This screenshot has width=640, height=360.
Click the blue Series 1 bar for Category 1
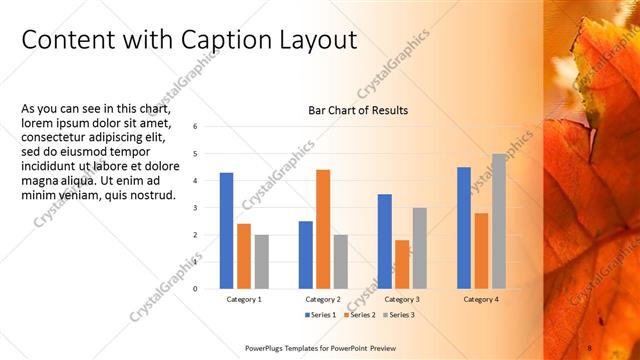(x=226, y=231)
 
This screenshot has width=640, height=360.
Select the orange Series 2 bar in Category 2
(x=323, y=229)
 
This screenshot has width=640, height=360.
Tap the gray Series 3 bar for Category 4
(x=498, y=221)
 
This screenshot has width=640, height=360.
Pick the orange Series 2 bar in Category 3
(x=402, y=264)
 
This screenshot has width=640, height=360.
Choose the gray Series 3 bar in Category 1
(x=262, y=262)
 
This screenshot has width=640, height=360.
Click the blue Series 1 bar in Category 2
(x=306, y=255)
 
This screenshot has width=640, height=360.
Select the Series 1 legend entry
(x=321, y=315)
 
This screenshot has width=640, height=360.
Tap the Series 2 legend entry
(x=359, y=315)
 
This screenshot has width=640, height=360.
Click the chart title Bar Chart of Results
(x=358, y=110)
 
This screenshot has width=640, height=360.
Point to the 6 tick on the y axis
(x=195, y=126)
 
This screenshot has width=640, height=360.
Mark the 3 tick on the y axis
(x=195, y=207)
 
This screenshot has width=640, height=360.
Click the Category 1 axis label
(x=244, y=299)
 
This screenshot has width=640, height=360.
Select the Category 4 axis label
(x=481, y=299)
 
